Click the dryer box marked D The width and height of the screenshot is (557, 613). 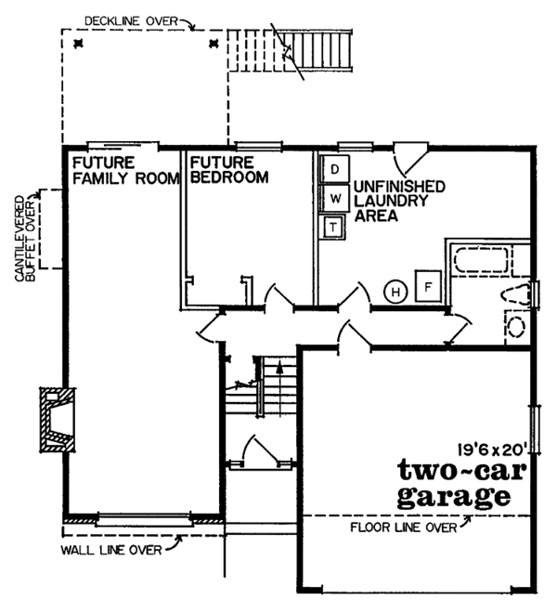[333, 170]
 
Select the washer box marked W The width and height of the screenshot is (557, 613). [333, 198]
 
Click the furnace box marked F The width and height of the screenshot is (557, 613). [428, 288]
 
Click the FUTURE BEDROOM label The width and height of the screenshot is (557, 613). [228, 170]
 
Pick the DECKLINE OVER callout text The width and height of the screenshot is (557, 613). [133, 18]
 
